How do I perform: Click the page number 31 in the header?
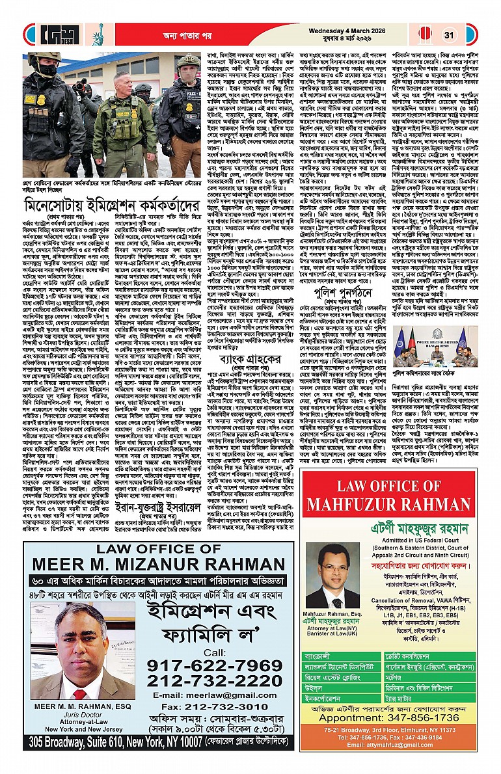pos(449,35)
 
